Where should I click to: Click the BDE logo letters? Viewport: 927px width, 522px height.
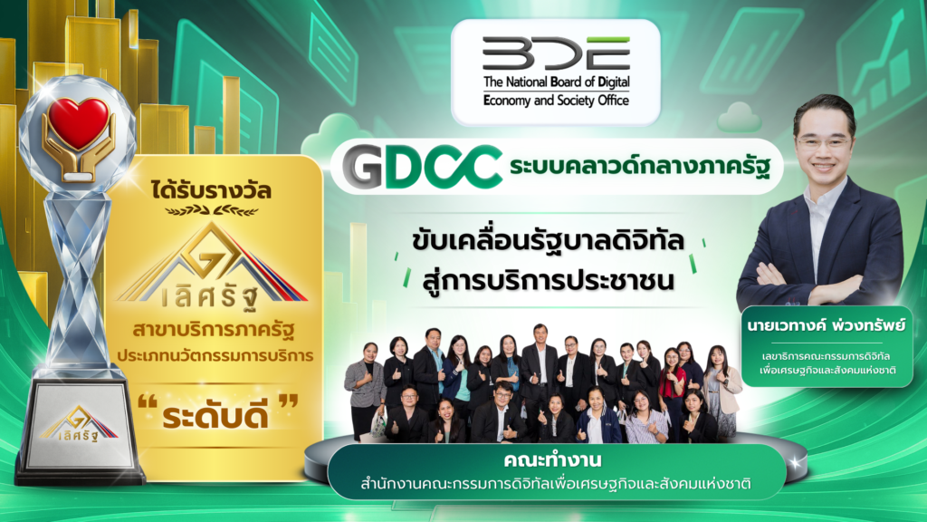pyautogui.click(x=556, y=53)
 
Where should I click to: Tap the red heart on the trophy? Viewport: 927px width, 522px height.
pyautogui.click(x=79, y=122)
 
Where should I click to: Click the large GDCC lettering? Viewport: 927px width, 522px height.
pyautogui.click(x=422, y=167)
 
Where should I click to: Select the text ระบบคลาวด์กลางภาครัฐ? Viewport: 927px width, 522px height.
pyautogui.click(x=640, y=167)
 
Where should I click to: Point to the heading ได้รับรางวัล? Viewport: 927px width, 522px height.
pyautogui.click(x=211, y=190)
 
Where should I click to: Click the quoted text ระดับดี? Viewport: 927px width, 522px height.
pyautogui.click(x=215, y=415)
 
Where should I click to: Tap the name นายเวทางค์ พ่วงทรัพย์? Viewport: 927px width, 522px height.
pyautogui.click(x=826, y=325)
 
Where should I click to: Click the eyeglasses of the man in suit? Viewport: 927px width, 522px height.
pyautogui.click(x=824, y=142)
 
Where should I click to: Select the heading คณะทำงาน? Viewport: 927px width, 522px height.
pyautogui.click(x=553, y=459)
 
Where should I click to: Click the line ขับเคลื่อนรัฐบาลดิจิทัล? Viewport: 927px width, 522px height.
pyautogui.click(x=548, y=241)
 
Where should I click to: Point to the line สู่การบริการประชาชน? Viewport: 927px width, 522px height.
pyautogui.click(x=548, y=279)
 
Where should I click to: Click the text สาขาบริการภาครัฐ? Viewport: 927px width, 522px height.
pyautogui.click(x=214, y=330)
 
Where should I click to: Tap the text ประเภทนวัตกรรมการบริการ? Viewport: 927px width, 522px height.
pyautogui.click(x=215, y=356)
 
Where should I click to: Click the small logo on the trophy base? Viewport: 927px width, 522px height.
pyautogui.click(x=79, y=424)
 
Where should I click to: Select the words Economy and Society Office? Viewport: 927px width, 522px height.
pyautogui.click(x=556, y=100)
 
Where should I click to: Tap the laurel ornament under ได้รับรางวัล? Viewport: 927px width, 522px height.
pyautogui.click(x=211, y=210)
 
